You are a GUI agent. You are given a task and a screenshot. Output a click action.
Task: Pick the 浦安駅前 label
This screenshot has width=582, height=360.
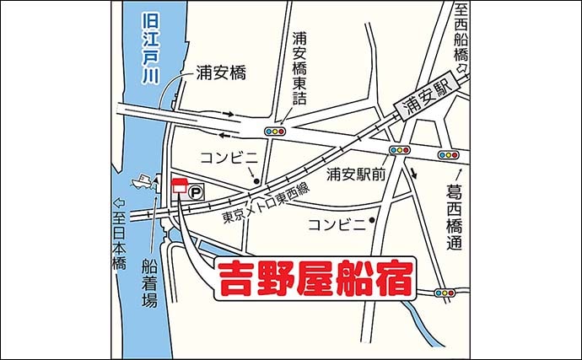click(x=356, y=175)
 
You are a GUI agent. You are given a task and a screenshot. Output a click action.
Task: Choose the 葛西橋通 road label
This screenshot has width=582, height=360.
click(x=455, y=218)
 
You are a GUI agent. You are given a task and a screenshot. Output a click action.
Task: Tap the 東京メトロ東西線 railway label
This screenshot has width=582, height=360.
click(x=261, y=202)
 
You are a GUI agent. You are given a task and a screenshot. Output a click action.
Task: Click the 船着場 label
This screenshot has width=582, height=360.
click(x=149, y=282)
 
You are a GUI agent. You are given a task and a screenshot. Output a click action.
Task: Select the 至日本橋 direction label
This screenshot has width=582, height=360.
click(x=120, y=241)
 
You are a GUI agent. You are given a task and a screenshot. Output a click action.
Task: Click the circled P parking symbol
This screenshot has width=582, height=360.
click(x=195, y=193)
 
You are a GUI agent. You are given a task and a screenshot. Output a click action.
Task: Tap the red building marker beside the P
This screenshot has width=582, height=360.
click(x=179, y=188)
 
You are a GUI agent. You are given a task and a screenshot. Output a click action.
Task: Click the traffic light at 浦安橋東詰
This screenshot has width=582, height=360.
click(x=275, y=132)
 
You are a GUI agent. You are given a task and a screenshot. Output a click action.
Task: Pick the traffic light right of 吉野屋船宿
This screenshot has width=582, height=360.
click(x=444, y=293)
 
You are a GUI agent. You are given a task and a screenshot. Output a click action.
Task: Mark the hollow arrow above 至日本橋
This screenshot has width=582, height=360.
click(x=120, y=203)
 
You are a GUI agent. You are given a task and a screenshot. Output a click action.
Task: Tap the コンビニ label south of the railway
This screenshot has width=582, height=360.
click(x=337, y=223)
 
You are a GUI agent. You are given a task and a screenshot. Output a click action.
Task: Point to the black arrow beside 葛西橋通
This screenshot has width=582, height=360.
click(x=414, y=175)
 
